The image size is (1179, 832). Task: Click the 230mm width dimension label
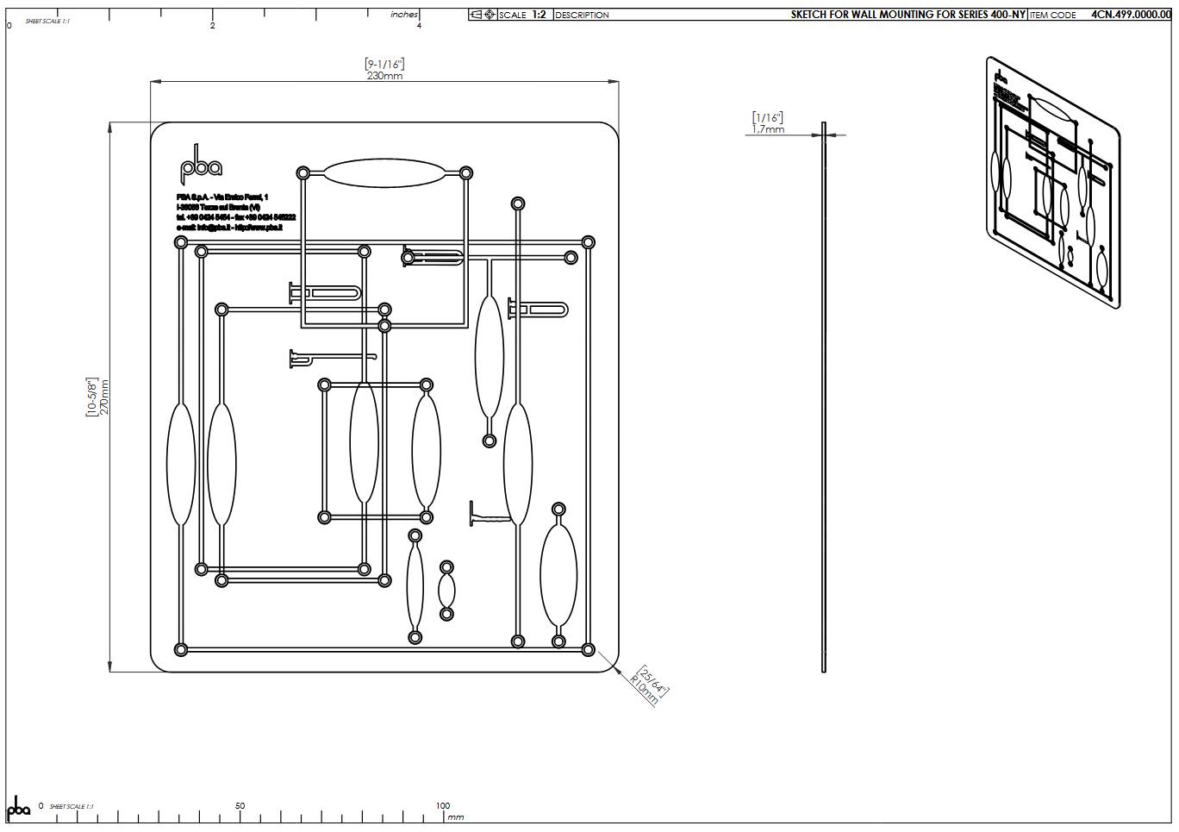(384, 76)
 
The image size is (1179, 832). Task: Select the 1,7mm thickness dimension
(768, 129)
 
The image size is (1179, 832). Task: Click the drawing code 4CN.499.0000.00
(1130, 15)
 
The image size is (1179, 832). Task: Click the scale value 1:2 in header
(539, 15)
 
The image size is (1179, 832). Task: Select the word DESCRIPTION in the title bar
(582, 15)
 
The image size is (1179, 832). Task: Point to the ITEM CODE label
(1052, 15)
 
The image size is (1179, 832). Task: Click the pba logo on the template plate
(200, 166)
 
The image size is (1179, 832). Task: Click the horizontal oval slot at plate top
(384, 173)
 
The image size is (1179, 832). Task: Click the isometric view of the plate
(1052, 182)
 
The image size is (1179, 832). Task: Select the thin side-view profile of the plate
(824, 397)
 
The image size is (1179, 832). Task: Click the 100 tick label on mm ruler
(442, 806)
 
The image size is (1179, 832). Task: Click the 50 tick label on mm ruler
(240, 806)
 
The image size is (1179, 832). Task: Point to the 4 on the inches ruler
(419, 26)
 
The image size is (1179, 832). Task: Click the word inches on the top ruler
(404, 15)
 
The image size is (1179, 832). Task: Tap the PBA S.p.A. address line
(222, 197)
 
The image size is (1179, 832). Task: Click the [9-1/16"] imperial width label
(384, 64)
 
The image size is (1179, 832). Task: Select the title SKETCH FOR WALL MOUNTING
(908, 15)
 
